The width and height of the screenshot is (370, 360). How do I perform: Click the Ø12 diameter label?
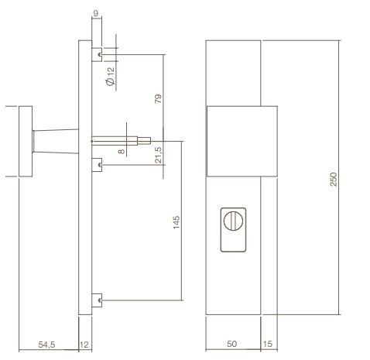click(110, 75)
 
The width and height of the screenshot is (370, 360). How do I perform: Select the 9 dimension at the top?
click(95, 12)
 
